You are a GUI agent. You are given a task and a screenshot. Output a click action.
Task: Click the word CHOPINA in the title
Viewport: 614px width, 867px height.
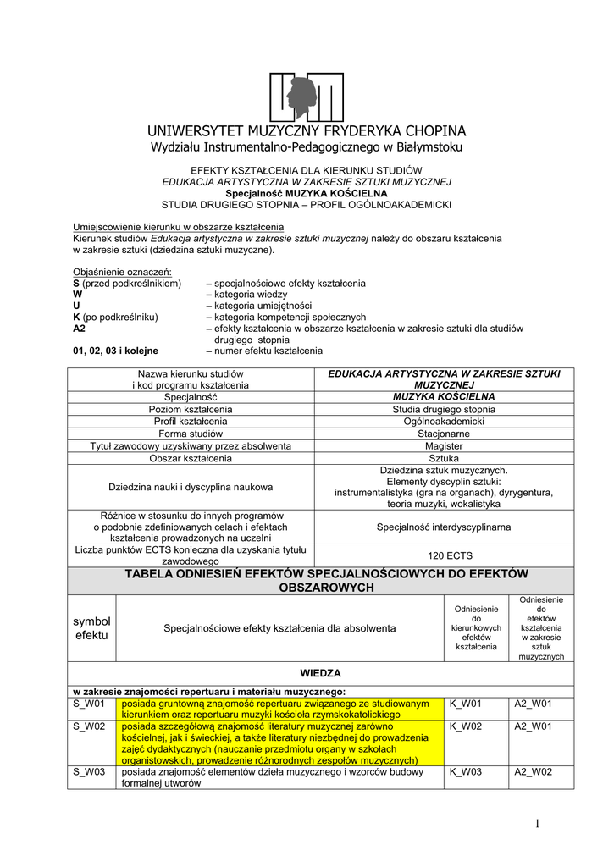(426, 131)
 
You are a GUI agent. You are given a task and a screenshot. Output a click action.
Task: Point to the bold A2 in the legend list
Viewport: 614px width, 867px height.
(80, 328)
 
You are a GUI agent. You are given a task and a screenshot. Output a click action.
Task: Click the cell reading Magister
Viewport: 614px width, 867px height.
(444, 446)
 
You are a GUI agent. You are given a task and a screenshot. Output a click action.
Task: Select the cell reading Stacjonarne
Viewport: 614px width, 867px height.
(444, 433)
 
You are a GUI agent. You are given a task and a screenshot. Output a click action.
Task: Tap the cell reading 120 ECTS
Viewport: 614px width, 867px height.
(444, 555)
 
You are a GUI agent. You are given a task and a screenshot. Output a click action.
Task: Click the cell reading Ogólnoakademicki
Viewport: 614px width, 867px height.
(444, 422)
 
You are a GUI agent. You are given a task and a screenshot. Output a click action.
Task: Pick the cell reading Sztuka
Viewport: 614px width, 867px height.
(444, 458)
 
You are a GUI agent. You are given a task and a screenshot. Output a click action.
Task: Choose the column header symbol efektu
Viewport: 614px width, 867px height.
(91, 627)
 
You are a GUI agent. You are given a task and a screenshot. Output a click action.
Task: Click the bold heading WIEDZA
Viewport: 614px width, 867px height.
(320, 673)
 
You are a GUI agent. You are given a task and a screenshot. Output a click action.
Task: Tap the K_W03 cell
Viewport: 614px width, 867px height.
(465, 772)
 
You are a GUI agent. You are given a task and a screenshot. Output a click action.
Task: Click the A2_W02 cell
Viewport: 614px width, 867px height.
(534, 772)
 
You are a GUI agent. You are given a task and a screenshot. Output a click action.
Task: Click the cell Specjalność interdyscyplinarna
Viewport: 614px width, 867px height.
(444, 527)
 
